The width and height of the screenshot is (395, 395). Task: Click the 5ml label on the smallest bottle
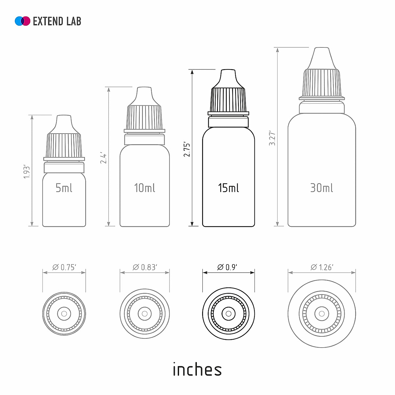coord(64,188)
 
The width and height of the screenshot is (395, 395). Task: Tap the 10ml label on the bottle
coord(145,188)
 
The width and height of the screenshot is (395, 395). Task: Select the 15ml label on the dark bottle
coord(228,188)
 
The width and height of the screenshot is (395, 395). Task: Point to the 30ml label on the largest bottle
coord(321,188)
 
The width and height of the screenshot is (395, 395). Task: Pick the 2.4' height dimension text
coord(103,158)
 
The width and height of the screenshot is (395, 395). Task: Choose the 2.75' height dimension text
coord(187,149)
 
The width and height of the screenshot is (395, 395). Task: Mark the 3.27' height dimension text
coord(272,138)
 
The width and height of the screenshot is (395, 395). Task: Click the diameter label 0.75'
coord(65,267)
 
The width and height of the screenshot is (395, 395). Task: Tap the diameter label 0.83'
coord(145,267)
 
